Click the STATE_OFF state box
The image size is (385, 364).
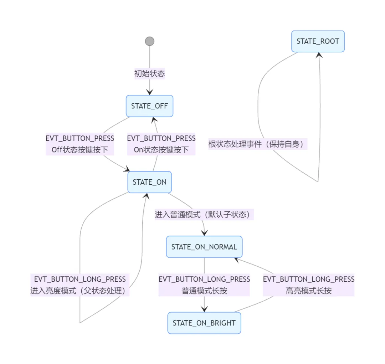click(149, 106)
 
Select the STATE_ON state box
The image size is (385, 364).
click(149, 182)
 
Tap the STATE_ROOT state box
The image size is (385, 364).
click(318, 41)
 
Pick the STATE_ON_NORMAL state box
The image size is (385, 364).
click(204, 247)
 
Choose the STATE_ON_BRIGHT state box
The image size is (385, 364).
click(204, 323)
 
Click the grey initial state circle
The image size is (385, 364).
click(150, 41)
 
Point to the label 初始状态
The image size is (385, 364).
click(149, 74)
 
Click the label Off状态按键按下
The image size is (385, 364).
click(80, 150)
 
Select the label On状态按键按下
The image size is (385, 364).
click(161, 150)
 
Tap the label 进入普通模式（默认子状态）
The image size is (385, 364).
click(204, 215)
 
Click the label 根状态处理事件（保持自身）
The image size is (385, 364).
click(258, 144)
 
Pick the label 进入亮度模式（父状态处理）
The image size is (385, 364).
click(80, 291)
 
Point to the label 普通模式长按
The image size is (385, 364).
click(204, 291)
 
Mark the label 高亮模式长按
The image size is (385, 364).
click(309, 291)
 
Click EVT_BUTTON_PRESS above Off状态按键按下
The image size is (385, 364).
click(80, 138)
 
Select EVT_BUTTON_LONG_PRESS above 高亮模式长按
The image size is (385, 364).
click(309, 279)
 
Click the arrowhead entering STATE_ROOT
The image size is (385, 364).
click(319, 55)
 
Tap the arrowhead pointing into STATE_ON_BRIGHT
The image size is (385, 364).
click(204, 309)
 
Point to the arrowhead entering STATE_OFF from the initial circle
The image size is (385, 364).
click(149, 92)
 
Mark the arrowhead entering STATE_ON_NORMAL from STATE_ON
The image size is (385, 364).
click(204, 232)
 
